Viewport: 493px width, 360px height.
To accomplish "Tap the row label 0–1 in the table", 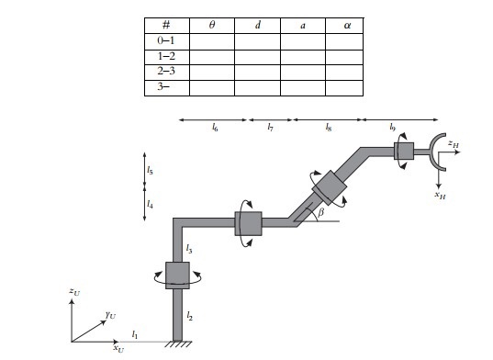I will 167,41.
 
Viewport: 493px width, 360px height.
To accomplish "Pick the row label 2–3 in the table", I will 167,72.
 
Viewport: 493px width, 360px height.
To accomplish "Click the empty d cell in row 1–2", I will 257,57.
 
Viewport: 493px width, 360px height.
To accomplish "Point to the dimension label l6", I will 214,129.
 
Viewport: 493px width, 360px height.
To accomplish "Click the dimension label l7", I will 270,129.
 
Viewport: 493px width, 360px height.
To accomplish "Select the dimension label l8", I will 328,129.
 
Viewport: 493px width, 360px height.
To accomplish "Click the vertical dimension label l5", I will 150,170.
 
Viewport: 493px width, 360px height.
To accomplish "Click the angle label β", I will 319,212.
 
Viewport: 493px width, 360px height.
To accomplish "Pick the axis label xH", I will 440,194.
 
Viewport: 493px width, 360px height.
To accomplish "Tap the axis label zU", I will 73,291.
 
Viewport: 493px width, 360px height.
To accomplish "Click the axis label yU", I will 110,314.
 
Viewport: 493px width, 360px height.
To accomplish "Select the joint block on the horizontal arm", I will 248,223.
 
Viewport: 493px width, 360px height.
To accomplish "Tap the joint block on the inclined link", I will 328,190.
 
